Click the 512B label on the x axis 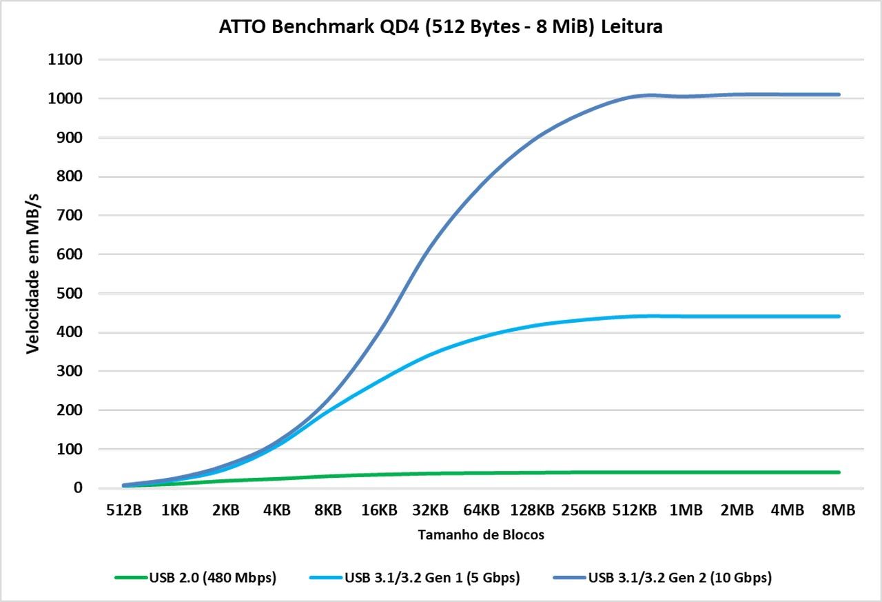click(124, 511)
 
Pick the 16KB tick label click(379, 511)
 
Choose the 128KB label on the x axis click(532, 511)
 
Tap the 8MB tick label click(839, 511)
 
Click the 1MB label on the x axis click(686, 511)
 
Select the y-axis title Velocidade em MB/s click(32, 274)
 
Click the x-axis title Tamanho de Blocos click(481, 535)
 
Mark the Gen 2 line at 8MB click(839, 94)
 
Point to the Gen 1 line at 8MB click(839, 317)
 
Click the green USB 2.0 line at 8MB click(839, 472)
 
